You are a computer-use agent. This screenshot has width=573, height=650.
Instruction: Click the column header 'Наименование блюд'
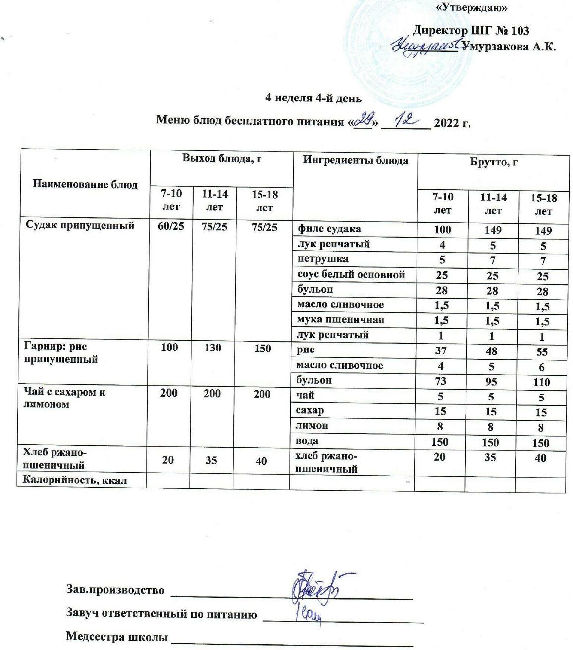click(85, 185)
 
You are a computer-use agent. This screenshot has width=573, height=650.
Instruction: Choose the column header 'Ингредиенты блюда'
click(356, 160)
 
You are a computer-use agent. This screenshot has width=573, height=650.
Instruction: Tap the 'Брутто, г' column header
click(493, 162)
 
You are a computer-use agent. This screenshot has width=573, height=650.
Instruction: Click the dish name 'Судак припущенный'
click(80, 226)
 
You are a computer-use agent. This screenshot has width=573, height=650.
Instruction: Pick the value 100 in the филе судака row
click(442, 230)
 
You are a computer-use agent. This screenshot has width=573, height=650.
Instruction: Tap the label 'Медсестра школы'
click(117, 636)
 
